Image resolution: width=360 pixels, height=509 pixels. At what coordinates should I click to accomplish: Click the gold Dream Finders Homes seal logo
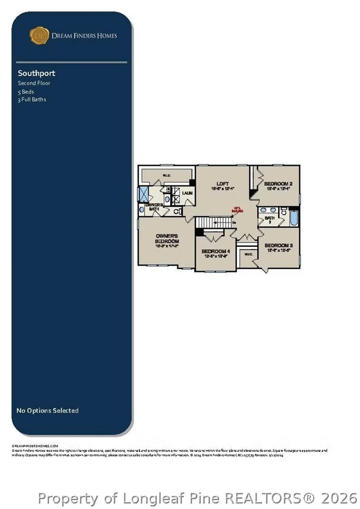39,36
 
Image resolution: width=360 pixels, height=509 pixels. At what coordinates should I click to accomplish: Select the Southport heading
37,73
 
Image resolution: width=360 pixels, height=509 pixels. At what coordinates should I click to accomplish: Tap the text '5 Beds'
26,91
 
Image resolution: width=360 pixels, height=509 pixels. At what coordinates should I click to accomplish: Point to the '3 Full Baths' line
32,100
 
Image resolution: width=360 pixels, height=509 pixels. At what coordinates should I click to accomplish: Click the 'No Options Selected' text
47,411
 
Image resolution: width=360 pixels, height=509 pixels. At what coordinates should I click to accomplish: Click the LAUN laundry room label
187,193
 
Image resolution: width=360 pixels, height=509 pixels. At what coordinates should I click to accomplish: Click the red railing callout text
237,209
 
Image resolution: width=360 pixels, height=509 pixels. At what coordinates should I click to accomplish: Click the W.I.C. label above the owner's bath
166,175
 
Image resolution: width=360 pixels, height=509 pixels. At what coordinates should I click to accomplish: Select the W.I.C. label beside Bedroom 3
248,254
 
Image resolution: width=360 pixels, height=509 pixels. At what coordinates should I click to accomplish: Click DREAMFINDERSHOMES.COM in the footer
35,446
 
